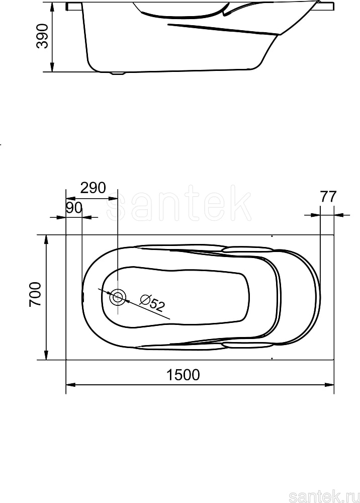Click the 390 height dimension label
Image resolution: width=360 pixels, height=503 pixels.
click(x=43, y=36)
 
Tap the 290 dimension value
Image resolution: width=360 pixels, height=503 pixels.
click(x=93, y=188)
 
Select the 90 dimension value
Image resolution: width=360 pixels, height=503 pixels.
click(x=74, y=208)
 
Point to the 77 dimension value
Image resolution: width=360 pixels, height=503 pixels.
click(x=328, y=197)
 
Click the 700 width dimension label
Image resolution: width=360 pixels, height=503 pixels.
click(x=35, y=294)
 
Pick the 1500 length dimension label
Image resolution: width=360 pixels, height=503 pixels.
click(x=183, y=375)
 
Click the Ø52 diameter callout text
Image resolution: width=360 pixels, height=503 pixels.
click(x=152, y=303)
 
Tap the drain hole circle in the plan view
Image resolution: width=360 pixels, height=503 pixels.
click(x=118, y=297)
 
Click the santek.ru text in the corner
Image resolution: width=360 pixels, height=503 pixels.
click(x=324, y=496)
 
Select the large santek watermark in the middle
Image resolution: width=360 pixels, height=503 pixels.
click(x=179, y=203)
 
